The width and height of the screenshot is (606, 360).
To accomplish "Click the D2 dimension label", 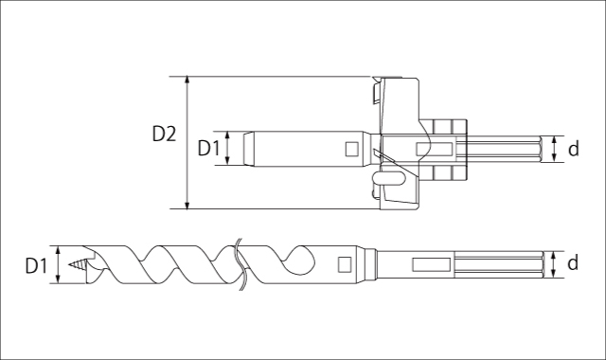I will tap(164, 134).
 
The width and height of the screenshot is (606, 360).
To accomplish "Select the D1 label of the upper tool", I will tap(208, 148).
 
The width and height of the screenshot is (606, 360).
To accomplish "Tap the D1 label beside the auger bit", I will tap(35, 265).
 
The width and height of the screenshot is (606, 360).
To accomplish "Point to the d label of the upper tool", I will tap(572, 149).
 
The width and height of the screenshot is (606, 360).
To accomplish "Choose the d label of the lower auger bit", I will tap(572, 264).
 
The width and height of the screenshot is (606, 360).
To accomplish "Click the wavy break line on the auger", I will tap(239, 263).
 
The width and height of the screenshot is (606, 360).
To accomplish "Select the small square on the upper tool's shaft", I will tap(351, 148).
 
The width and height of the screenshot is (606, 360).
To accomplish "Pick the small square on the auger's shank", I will tap(345, 264).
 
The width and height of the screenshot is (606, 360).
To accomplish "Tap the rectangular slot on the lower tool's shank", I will tap(431, 263).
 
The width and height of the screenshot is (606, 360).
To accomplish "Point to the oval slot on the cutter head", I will tap(389, 177).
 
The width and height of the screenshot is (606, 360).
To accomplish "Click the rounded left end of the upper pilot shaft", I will tap(247, 148).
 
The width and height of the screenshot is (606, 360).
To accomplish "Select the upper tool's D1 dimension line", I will tap(228, 148).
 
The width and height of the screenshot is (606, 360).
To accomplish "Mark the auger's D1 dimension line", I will tap(59, 264).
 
